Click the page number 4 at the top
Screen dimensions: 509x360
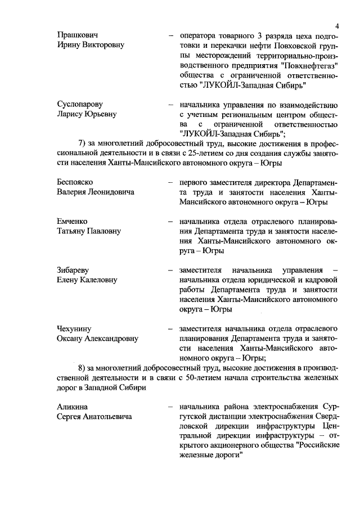point(336,25)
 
